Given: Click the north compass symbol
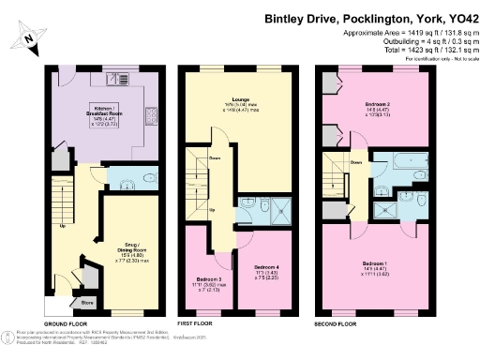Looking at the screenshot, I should pos(31,36).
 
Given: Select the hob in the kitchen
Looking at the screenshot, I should pos(150,117).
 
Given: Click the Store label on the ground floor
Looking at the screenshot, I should pos(87,303).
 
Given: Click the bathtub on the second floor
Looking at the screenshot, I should pos(388,161).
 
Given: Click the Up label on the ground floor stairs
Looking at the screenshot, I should pos(62,226).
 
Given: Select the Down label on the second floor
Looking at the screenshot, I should pos(356,162).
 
